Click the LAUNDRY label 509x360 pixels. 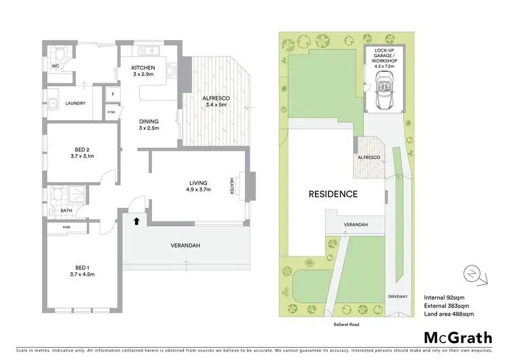[75, 103]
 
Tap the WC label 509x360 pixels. [56, 66]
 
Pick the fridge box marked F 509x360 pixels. [113, 95]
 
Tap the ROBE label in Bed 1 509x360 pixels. [67, 226]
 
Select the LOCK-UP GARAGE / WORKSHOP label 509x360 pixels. [385, 56]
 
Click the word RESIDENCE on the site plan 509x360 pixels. [333, 194]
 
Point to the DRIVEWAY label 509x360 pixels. [396, 296]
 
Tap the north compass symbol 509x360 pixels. [472, 274]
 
